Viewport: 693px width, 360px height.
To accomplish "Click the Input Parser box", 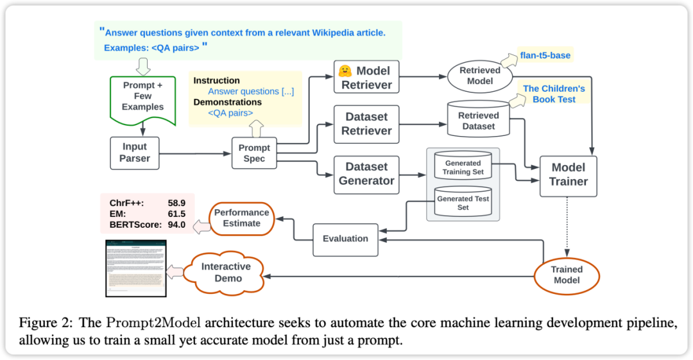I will pos(135,153).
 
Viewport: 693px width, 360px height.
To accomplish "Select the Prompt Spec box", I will pos(254,153).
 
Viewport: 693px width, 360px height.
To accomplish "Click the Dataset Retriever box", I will pos(366,124).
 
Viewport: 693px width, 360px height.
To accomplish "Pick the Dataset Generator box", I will pos(366,174).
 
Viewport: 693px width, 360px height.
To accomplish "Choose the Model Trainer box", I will pos(568,175).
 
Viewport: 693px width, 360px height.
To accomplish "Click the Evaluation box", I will pos(345,239).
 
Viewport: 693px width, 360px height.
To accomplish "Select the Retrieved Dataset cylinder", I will pos(478,119).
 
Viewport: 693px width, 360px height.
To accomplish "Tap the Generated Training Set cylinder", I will pos(463,167).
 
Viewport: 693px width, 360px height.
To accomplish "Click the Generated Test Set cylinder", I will pos(463,202).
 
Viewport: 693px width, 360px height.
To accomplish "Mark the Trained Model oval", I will pos(567,275).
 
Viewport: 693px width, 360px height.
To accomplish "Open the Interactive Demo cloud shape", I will pos(226,272).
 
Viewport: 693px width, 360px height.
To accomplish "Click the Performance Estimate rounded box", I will pos(241,218).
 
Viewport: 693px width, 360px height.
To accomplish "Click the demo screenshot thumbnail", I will pos(135,268).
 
